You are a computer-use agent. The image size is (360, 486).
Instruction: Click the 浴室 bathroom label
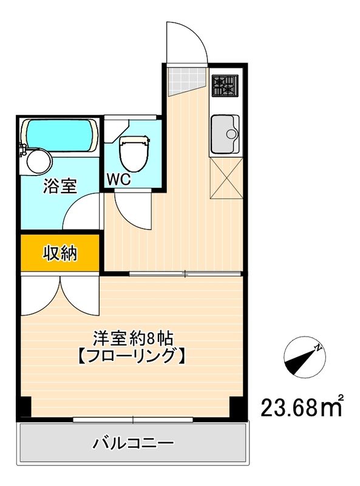[59, 187]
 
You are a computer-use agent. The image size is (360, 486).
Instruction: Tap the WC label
[119, 179]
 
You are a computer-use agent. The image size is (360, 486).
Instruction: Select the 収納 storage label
[59, 253]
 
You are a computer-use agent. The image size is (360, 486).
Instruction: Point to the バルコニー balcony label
[134, 443]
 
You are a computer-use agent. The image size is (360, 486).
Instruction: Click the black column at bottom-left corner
[23, 407]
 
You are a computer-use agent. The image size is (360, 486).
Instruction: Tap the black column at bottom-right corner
[239, 407]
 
